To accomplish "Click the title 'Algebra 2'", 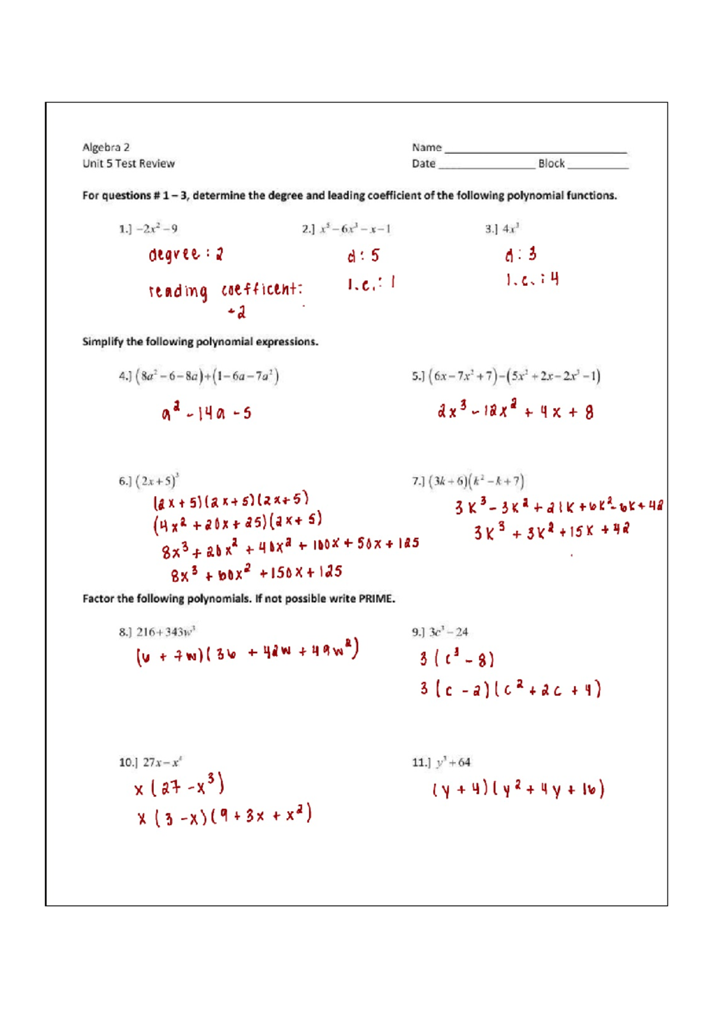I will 106,147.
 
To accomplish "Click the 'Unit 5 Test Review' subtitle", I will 128,163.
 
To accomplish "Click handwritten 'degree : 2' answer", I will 185,254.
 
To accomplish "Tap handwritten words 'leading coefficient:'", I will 226,290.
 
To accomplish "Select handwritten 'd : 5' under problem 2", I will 363,256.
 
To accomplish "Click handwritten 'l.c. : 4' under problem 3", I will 532,279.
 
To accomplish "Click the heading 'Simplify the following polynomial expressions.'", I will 200,342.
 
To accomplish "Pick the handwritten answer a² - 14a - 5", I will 206,412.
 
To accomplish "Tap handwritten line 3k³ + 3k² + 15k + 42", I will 551,531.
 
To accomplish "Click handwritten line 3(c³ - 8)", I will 456,658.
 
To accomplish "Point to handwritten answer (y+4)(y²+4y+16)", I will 518,789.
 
